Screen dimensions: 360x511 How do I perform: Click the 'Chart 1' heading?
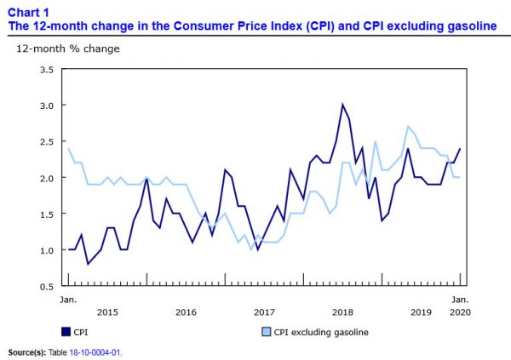(x=28, y=13)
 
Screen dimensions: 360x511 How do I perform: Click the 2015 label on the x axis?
(x=106, y=312)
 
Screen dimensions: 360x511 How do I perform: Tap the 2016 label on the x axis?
(x=186, y=312)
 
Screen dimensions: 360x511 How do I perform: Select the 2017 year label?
(x=265, y=312)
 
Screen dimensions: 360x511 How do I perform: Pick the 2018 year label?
(x=343, y=312)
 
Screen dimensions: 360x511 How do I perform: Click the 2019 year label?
(x=422, y=312)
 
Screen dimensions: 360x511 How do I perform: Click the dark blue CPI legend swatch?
(x=66, y=332)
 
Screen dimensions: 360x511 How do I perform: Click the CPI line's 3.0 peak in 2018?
(x=342, y=105)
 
